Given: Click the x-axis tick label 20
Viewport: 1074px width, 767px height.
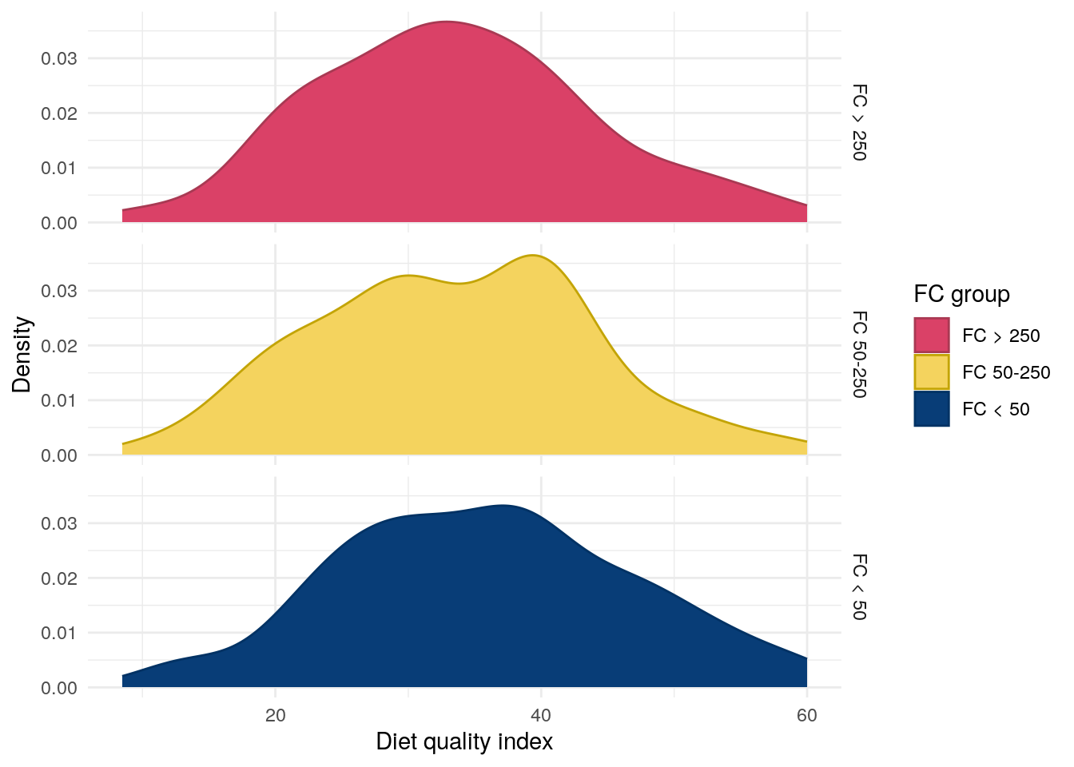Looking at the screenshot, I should pyautogui.click(x=275, y=716).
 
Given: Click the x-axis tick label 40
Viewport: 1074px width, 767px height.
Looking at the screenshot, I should pyautogui.click(x=541, y=716).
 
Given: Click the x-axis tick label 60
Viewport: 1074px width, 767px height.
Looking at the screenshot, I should pyautogui.click(x=807, y=716).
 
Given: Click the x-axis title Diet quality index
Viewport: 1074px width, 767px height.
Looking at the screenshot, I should pyautogui.click(x=464, y=742).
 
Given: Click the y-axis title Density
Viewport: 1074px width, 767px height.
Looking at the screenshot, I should pyautogui.click(x=22, y=355).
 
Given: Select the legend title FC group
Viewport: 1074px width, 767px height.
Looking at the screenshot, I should pyautogui.click(x=961, y=294).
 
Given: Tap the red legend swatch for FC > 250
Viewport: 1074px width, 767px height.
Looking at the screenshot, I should pyautogui.click(x=932, y=336).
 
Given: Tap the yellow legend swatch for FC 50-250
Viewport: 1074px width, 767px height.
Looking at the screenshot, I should pyautogui.click(x=932, y=372).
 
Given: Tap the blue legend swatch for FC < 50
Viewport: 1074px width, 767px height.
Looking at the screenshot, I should pyautogui.click(x=932, y=409).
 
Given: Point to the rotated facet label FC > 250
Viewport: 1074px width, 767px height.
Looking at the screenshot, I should pyautogui.click(x=859, y=122).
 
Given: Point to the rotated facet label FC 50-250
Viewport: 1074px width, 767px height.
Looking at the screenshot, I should pyautogui.click(x=859, y=355).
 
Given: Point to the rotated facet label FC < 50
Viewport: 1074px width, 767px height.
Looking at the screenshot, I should pyautogui.click(x=859, y=586).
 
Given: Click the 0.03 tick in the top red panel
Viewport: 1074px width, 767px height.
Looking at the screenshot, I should pyautogui.click(x=59, y=58).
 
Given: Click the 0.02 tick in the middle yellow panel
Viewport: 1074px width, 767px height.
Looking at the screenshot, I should pyautogui.click(x=59, y=346).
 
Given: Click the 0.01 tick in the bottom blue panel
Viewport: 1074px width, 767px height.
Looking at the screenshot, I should pyautogui.click(x=59, y=633).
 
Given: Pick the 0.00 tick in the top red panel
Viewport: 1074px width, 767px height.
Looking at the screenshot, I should pyautogui.click(x=59, y=223).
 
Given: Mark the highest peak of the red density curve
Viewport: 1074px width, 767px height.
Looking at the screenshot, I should pyautogui.click(x=446, y=22).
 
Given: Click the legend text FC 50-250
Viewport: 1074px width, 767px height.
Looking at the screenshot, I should pyautogui.click(x=1006, y=372).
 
